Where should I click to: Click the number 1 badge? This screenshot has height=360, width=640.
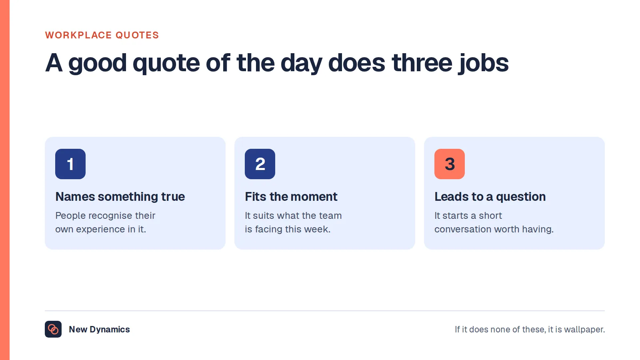click(70, 164)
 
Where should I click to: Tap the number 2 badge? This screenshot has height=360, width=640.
click(260, 164)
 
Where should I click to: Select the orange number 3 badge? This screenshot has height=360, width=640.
click(450, 164)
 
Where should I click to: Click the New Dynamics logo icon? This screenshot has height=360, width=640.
click(53, 329)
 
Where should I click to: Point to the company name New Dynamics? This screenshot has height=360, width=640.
click(100, 330)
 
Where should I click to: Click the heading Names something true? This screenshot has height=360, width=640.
click(120, 197)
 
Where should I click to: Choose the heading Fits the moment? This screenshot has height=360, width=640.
click(291, 197)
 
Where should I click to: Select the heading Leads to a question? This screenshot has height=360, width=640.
click(490, 197)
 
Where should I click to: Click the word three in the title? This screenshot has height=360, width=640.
click(422, 63)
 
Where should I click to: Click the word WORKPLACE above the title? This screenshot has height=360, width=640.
click(78, 35)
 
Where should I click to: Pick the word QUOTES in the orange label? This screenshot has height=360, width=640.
click(137, 35)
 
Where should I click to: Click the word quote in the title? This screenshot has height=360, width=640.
click(166, 64)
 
